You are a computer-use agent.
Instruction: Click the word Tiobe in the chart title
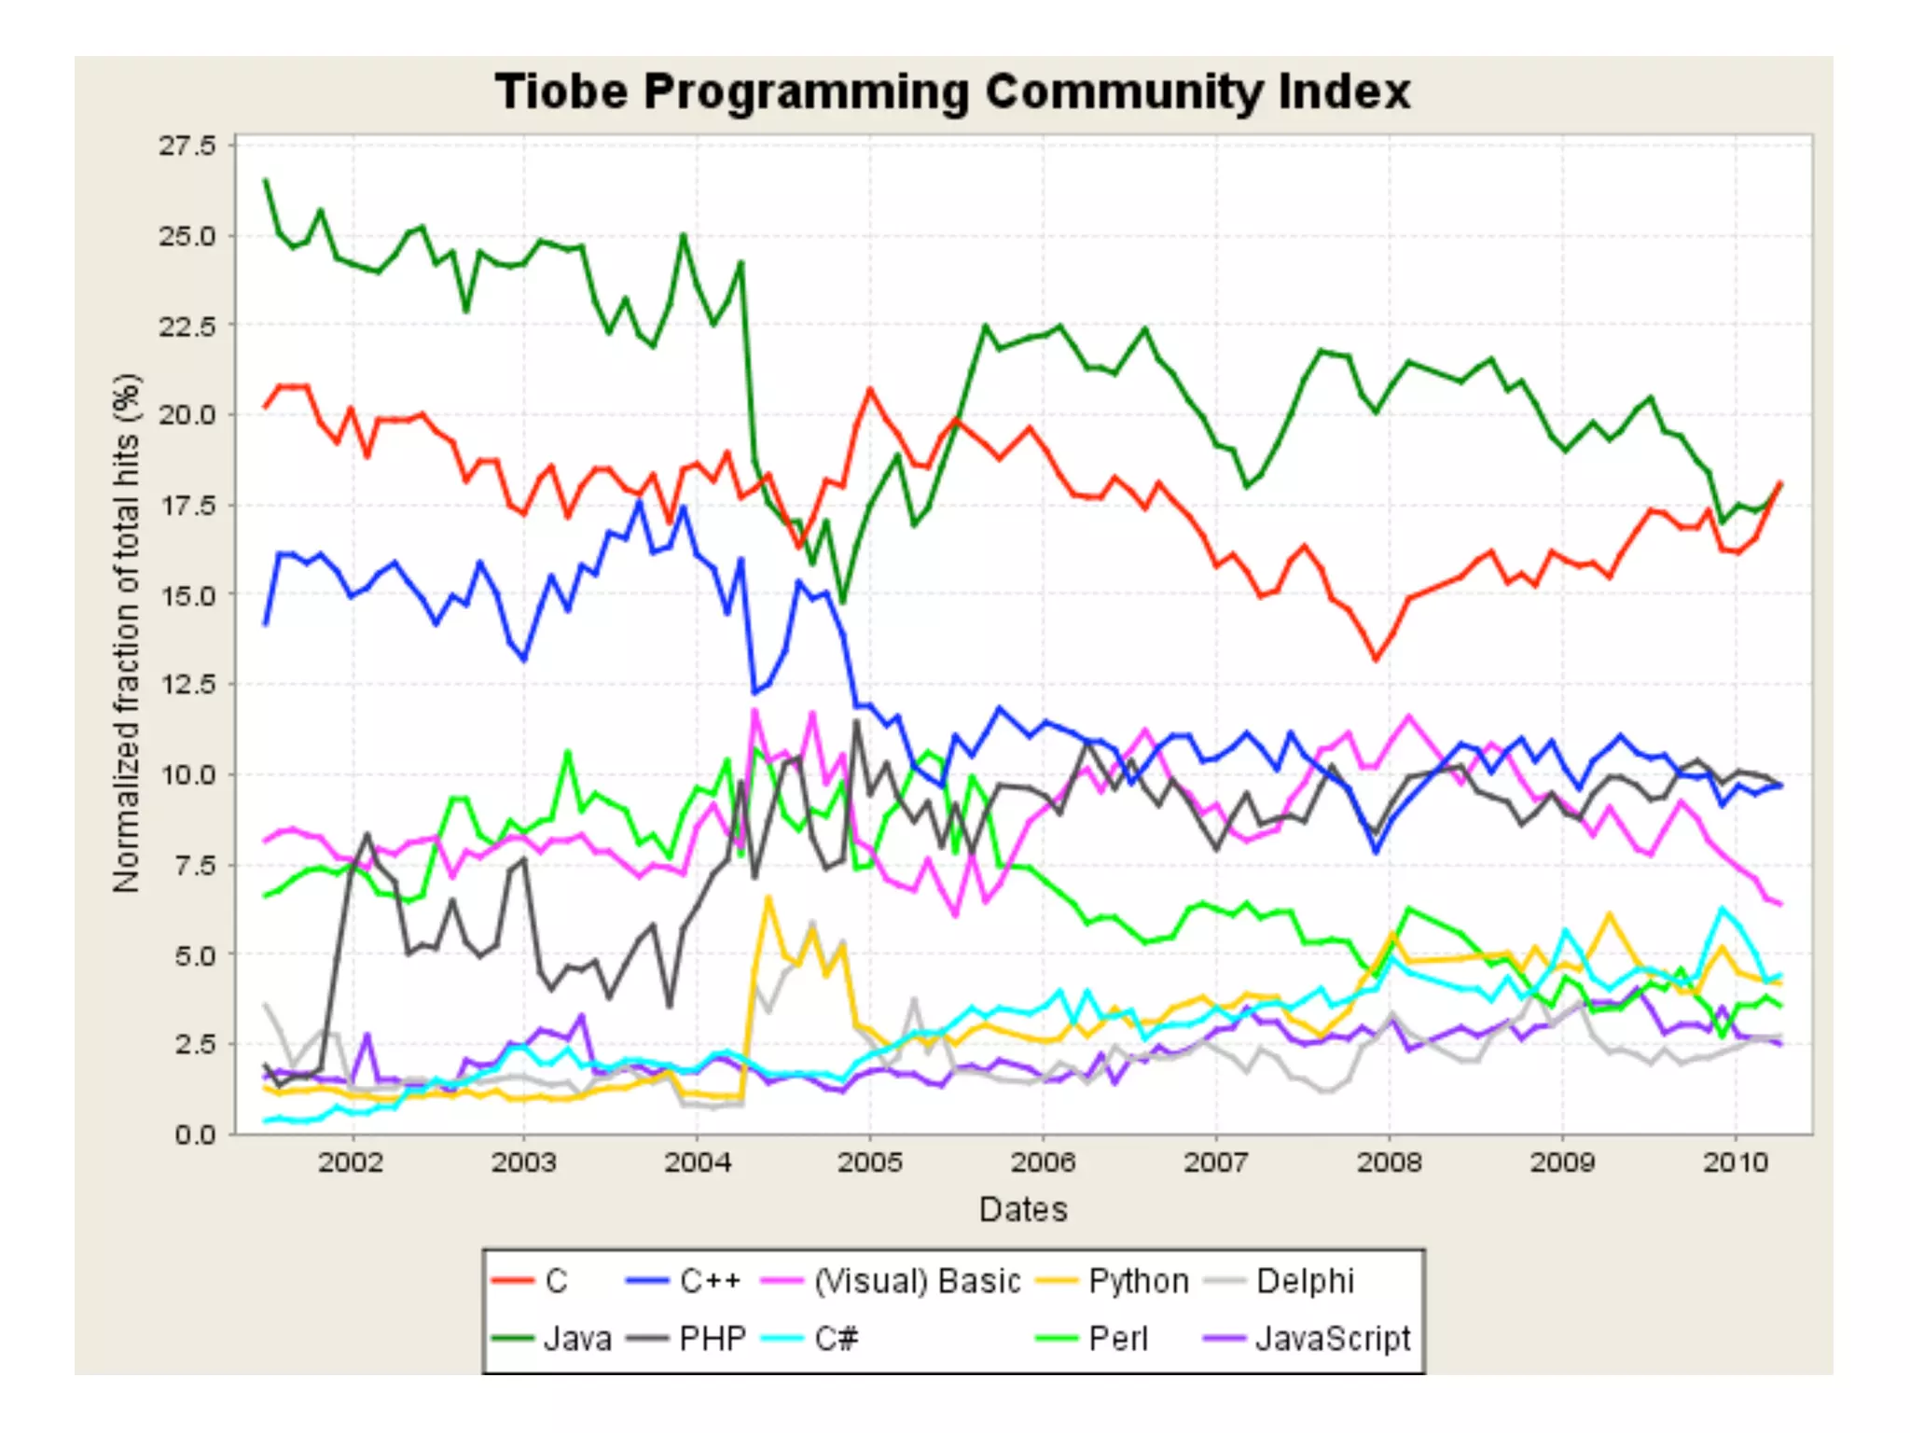pyautogui.click(x=561, y=92)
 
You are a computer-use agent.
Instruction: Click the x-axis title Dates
pyautogui.click(x=1023, y=1209)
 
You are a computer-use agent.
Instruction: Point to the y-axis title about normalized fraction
pyautogui.click(x=126, y=634)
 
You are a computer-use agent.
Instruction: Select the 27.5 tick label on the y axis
pyautogui.click(x=187, y=146)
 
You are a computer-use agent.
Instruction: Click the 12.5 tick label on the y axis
pyautogui.click(x=187, y=685)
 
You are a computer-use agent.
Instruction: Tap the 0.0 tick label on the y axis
pyautogui.click(x=194, y=1134)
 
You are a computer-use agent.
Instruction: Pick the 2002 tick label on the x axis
pyautogui.click(x=351, y=1162)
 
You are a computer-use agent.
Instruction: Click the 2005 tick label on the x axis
pyautogui.click(x=869, y=1162)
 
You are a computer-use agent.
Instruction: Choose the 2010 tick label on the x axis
pyautogui.click(x=1736, y=1162)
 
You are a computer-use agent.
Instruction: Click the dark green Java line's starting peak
pyautogui.click(x=266, y=180)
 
